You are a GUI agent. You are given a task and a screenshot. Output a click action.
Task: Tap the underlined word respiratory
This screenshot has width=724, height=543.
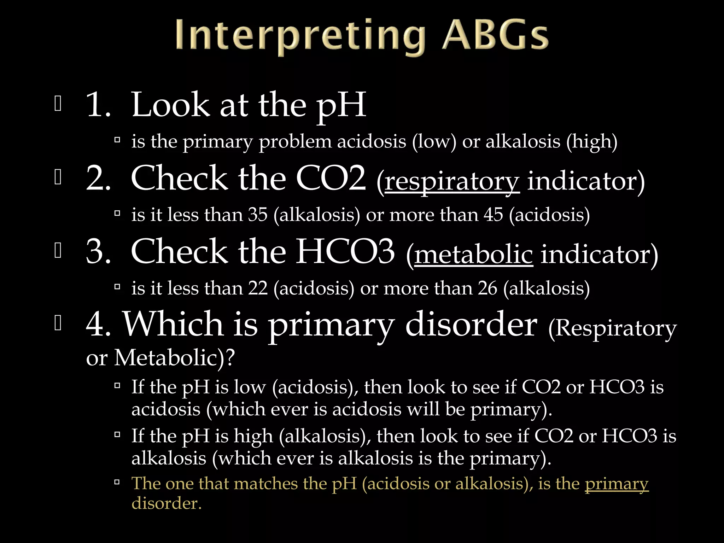(x=452, y=181)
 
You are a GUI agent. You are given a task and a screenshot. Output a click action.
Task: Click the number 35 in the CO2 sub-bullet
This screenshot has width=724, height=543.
(x=258, y=215)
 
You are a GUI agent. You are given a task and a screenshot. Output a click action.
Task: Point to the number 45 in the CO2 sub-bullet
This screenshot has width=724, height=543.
(x=493, y=215)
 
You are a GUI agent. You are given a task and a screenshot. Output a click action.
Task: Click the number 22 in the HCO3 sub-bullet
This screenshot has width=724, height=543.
(x=258, y=288)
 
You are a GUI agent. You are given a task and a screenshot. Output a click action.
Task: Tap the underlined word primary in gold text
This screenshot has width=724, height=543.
(x=617, y=483)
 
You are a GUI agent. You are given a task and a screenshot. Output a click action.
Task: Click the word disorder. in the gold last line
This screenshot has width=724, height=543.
(x=166, y=503)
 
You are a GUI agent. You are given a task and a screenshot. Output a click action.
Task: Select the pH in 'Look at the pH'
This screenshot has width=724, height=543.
(x=341, y=105)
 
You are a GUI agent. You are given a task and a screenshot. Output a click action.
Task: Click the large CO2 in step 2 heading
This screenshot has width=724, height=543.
(x=331, y=179)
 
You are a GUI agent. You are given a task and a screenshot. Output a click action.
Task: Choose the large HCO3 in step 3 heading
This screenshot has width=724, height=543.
(x=345, y=251)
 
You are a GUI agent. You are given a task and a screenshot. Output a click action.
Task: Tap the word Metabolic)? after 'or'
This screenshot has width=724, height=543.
(x=174, y=358)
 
